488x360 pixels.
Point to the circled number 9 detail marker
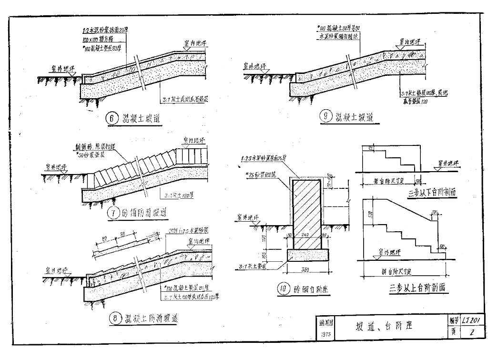click(325, 117)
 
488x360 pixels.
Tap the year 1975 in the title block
click(325, 334)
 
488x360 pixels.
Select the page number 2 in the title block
click(471, 332)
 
